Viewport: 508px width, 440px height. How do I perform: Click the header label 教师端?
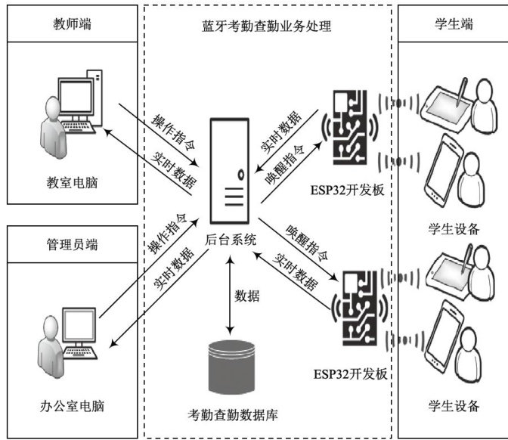[72, 23]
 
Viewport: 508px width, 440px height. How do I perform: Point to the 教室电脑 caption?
[72, 184]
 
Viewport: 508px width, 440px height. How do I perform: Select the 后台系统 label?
[231, 240]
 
